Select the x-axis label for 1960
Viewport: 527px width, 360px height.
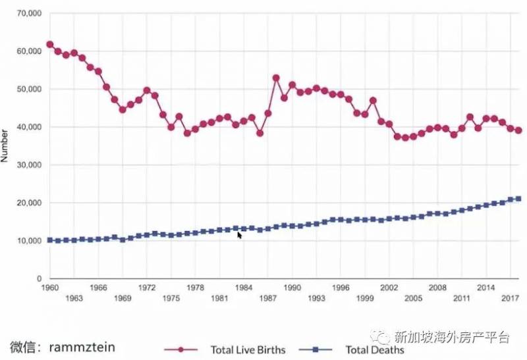[50, 288]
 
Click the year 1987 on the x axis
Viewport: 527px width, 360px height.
[267, 298]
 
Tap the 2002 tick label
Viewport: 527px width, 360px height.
[389, 288]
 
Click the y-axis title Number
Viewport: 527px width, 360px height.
[5, 146]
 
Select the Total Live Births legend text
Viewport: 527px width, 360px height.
[248, 350]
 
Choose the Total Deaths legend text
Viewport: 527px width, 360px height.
[374, 350]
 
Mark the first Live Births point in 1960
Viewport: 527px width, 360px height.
[50, 45]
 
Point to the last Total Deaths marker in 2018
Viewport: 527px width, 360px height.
[518, 199]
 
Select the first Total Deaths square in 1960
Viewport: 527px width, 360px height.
[50, 240]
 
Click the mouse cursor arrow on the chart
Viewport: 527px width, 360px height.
[239, 234]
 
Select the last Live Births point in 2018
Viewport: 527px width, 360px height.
[518, 130]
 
